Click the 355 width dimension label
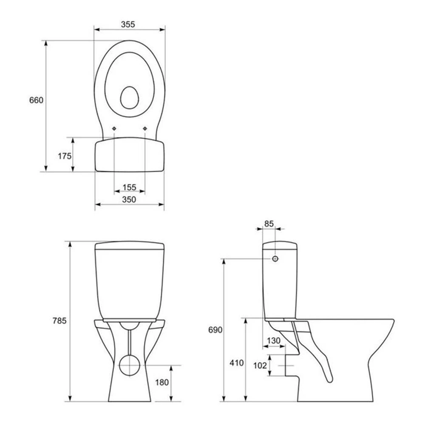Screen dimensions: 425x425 [127, 24]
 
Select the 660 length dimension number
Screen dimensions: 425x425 [36, 100]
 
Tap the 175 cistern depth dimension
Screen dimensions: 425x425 [65, 156]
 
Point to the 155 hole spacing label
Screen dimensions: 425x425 [129, 187]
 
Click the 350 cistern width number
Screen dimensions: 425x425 [129, 199]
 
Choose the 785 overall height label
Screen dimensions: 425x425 [59, 320]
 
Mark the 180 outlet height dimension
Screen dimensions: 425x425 [162, 382]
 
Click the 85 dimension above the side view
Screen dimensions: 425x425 [269, 224]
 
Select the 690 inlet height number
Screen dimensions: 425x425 [215, 330]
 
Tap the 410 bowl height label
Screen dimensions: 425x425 [237, 363]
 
